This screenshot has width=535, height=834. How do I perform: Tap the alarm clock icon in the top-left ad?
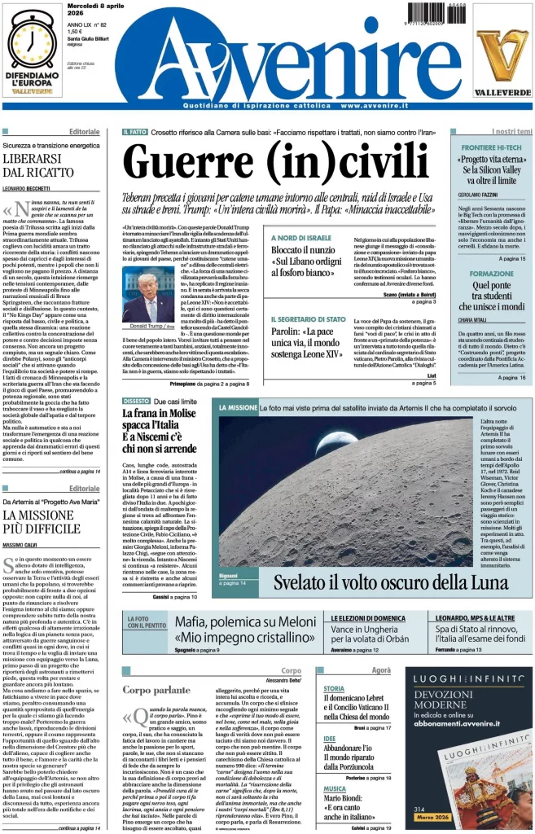[32, 42]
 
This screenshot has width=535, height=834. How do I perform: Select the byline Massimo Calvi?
[24, 544]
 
